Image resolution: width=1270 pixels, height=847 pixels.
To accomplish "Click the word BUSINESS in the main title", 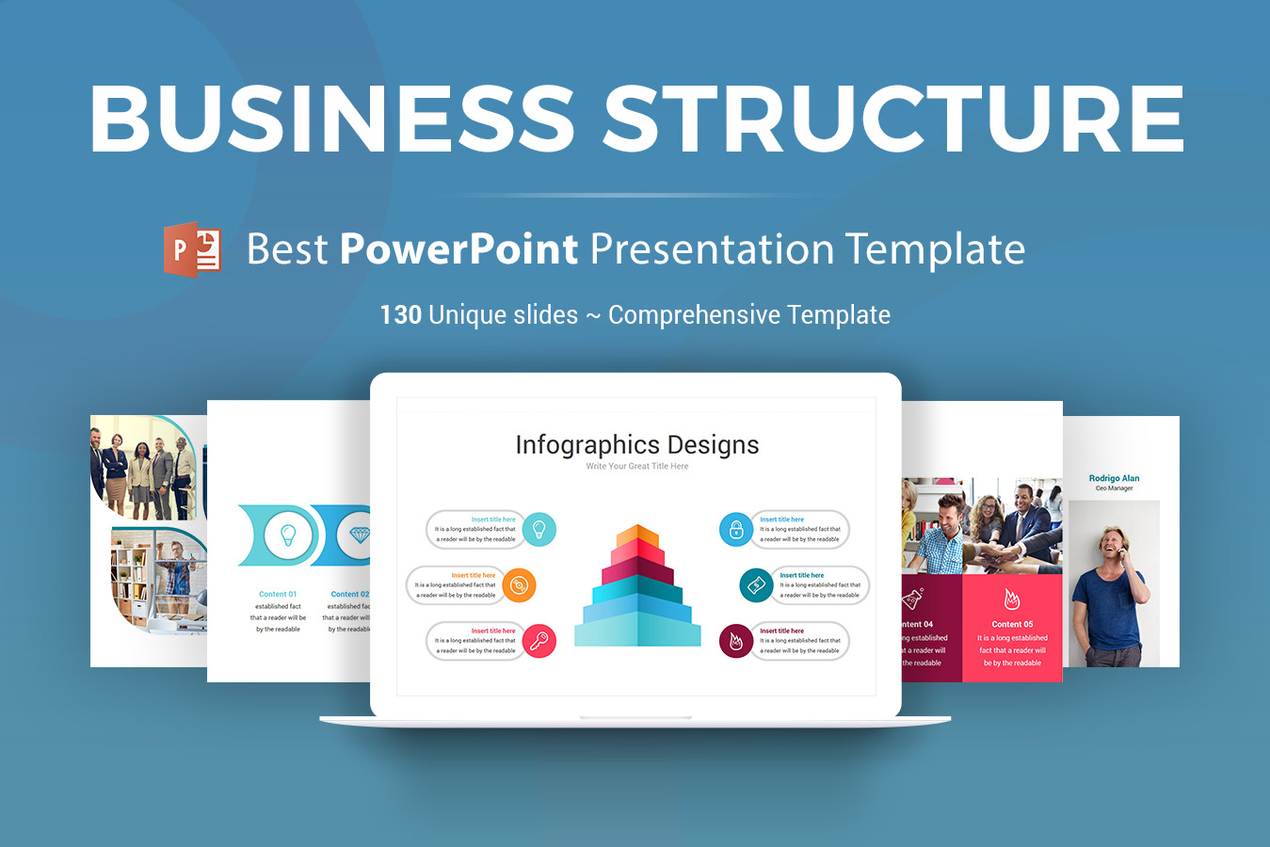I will pos(331,119).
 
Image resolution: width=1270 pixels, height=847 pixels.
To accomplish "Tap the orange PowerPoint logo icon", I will pos(192,249).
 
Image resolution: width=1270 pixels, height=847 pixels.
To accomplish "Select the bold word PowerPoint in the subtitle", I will pos(458,249).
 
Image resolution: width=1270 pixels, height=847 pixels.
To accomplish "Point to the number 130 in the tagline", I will pos(400,314).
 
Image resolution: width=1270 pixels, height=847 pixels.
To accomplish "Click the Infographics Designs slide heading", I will pos(636,445).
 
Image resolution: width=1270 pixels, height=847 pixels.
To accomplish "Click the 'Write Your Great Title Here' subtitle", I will pos(636,467).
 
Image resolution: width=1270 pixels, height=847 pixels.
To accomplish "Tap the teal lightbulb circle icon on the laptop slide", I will pos(539,529).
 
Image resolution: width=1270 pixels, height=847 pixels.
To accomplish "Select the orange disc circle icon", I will pos(518,585).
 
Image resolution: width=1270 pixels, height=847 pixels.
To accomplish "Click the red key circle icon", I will pos(539,641).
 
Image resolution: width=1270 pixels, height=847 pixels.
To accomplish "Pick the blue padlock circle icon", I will pos(736,529).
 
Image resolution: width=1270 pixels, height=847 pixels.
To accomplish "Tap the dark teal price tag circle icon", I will pos(756,585).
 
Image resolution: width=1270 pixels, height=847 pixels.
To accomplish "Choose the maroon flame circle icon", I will pos(736,641).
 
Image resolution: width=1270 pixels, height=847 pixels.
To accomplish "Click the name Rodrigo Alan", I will pos(1114,478).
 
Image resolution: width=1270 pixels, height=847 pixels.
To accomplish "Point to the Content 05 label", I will pos(1012,624).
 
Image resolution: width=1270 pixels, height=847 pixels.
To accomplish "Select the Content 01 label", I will pos(278,594).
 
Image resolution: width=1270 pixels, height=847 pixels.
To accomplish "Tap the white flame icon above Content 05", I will pos(1012,599).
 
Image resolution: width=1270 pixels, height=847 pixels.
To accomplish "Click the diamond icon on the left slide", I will pos(360,535).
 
